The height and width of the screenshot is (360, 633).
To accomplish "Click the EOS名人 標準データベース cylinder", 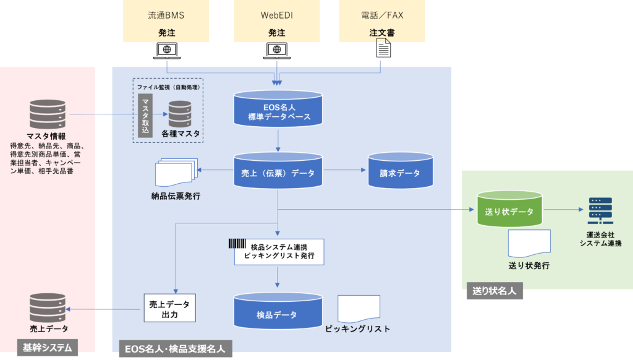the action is click(278, 108).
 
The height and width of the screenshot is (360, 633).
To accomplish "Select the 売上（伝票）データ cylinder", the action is click(278, 170).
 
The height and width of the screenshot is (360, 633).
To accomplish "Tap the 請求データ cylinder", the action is click(401, 170).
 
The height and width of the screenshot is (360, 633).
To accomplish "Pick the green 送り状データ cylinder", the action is click(509, 208).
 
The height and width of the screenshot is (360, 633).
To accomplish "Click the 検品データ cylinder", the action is click(278, 311).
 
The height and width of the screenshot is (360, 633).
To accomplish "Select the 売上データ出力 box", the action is click(170, 308).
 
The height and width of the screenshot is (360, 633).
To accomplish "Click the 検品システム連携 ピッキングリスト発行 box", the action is click(279, 252).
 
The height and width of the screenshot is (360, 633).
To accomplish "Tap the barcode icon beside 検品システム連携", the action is click(237, 243).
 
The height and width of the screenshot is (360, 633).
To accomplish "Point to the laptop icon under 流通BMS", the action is click(167, 51).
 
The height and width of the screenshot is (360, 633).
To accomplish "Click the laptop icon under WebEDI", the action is click(277, 51).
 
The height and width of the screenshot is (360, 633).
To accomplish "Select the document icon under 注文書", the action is click(383, 48).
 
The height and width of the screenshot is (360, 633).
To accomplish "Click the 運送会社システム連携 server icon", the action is click(600, 210).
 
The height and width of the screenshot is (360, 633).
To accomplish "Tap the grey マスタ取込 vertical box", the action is click(145, 116).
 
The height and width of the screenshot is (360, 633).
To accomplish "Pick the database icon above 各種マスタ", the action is click(180, 114).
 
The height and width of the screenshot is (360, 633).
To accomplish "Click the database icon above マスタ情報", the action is click(48, 114).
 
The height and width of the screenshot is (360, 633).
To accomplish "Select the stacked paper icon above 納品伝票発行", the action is click(176, 172).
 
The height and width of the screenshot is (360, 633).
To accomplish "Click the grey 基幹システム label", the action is click(48, 348).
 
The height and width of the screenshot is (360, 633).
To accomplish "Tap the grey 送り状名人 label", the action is click(495, 291).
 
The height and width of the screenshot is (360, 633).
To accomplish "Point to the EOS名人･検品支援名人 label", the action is click(176, 349).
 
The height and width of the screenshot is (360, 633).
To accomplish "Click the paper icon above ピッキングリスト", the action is click(359, 309).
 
